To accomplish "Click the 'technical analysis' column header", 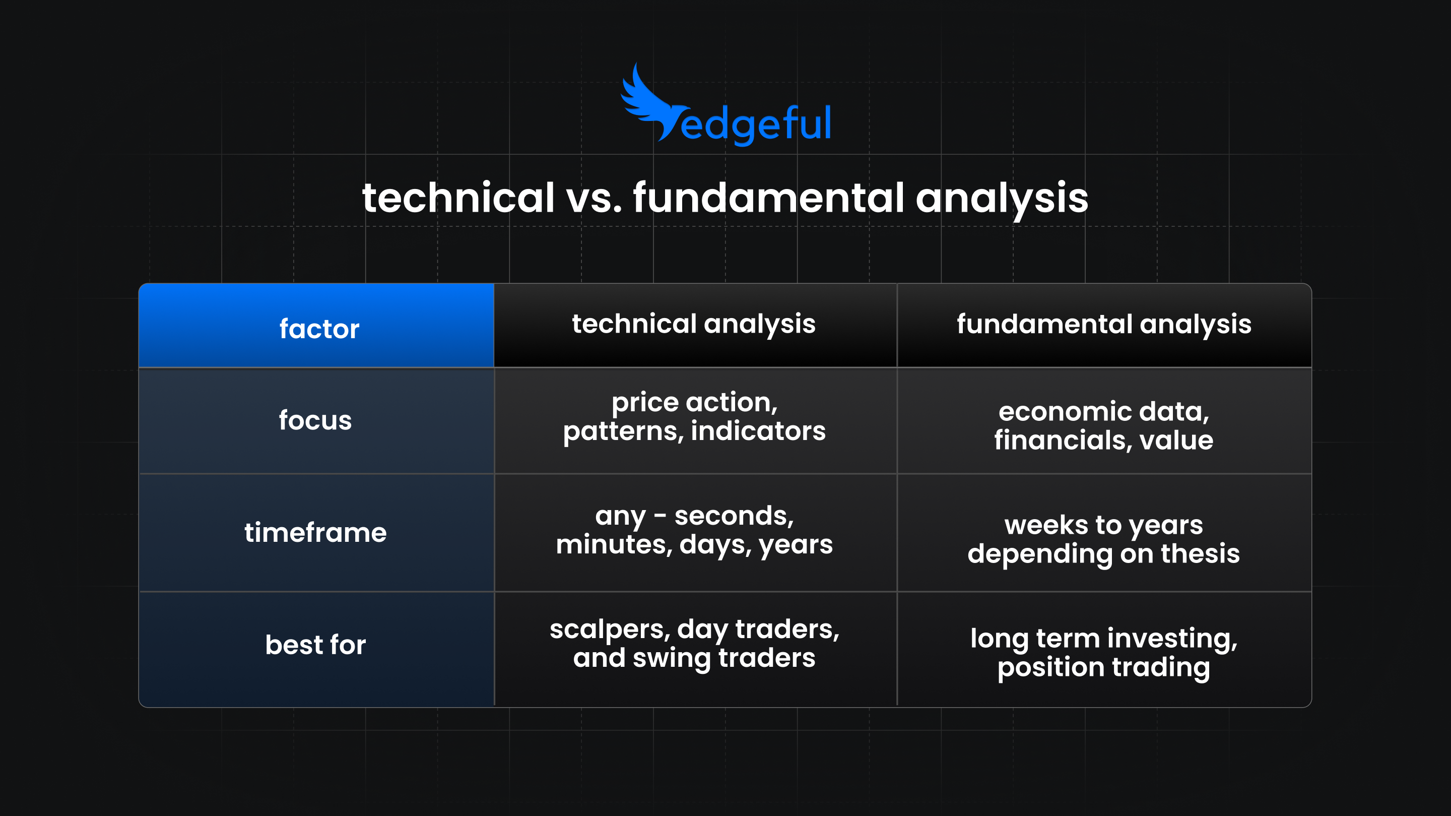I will (x=694, y=324).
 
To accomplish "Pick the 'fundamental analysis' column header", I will (x=1103, y=324).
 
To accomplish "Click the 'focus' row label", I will (x=315, y=420).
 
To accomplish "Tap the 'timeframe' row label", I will (x=315, y=533).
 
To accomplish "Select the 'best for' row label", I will (x=315, y=645).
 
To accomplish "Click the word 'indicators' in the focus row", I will (x=758, y=431).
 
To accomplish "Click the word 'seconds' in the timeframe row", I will (x=734, y=516).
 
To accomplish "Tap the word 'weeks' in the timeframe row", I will (x=1046, y=526).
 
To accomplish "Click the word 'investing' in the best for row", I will (x=1171, y=639).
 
